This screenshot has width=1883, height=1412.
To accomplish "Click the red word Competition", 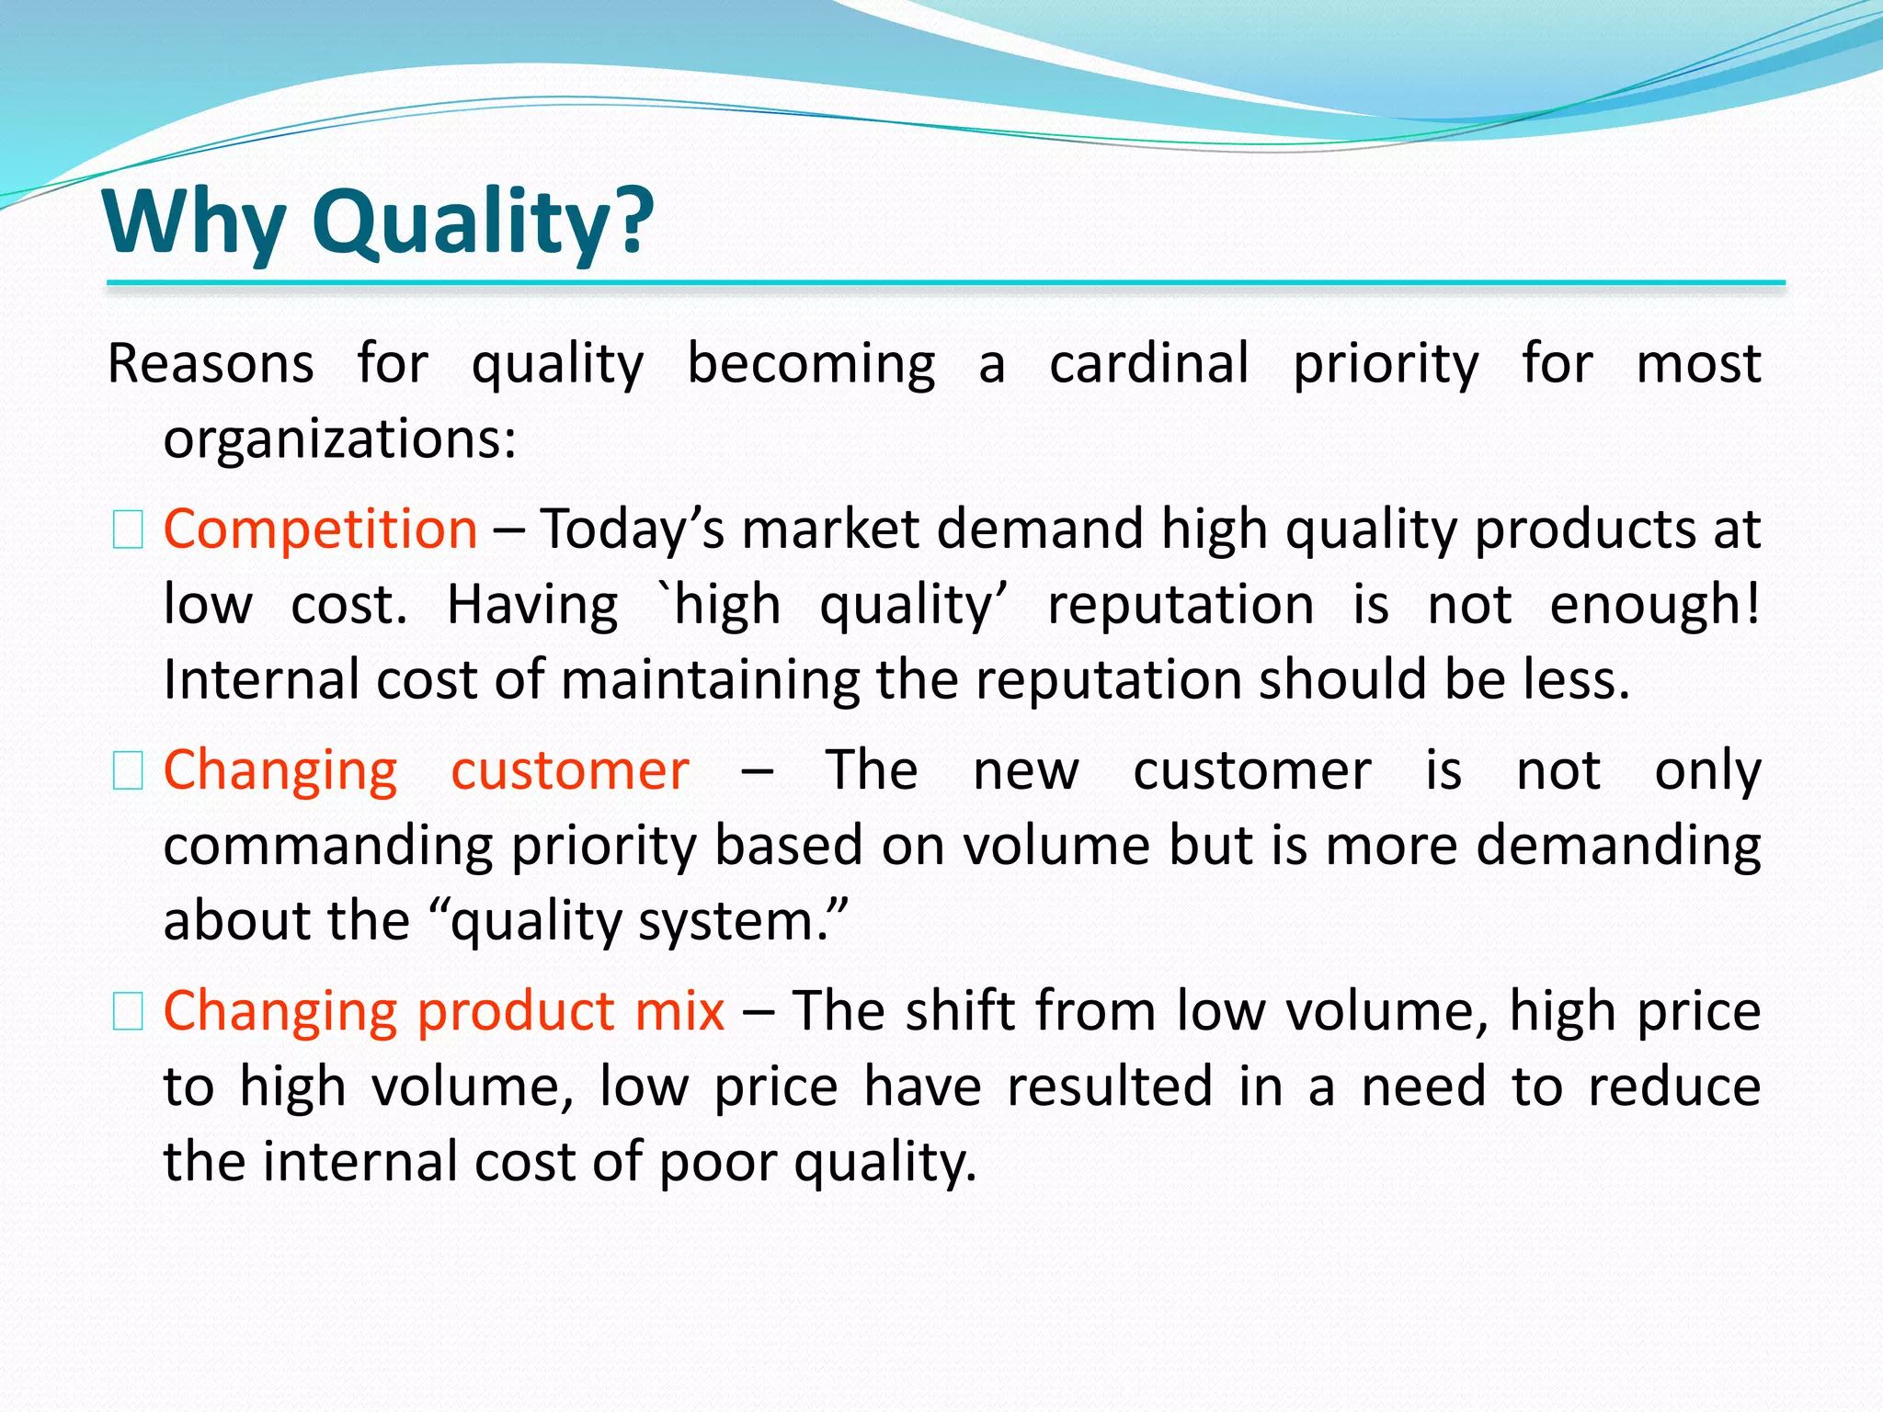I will (x=320, y=530).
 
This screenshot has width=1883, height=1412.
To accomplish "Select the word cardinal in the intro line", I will (x=1149, y=364).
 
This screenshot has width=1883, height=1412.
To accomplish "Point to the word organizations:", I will (x=340, y=439).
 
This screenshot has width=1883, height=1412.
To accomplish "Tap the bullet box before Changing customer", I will (x=128, y=771).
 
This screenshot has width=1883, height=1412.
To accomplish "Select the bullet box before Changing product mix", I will (x=128, y=1012).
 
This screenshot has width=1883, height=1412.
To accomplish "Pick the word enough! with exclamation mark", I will (x=1654, y=606).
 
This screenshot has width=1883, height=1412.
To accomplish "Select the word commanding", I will (x=328, y=847).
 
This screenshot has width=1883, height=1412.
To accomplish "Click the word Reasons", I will (x=211, y=364).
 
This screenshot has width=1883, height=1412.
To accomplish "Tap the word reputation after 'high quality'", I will (x=1181, y=606).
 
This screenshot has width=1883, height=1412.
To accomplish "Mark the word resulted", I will (x=1110, y=1087).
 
